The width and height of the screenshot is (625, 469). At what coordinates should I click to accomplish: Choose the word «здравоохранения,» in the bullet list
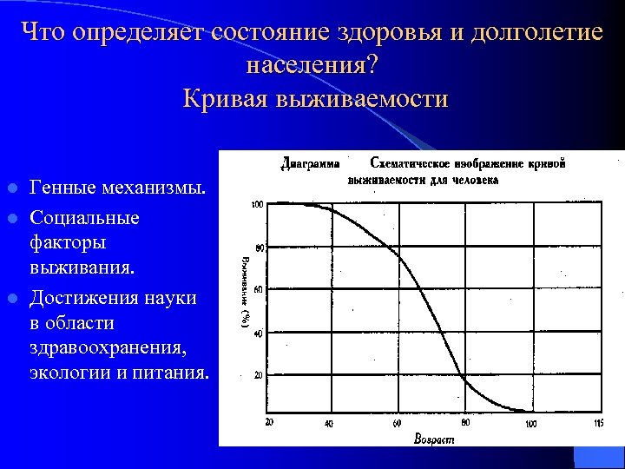click(x=107, y=348)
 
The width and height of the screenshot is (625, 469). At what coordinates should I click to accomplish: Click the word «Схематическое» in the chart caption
click(x=411, y=162)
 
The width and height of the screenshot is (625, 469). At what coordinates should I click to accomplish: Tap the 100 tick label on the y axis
click(x=257, y=205)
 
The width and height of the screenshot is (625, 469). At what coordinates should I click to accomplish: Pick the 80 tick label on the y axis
click(x=259, y=248)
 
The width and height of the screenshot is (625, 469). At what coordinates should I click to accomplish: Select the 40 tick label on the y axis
click(x=259, y=333)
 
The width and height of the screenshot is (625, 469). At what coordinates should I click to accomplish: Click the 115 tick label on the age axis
click(x=597, y=423)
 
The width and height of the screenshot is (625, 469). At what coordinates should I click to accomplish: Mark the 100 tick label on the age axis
click(x=531, y=423)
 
